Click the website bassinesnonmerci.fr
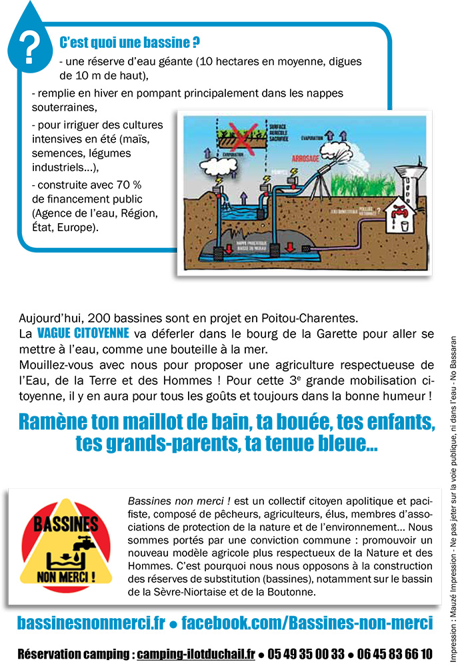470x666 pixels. (91, 623)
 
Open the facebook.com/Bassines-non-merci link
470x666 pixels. (307, 623)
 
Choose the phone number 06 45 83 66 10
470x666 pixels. (394, 653)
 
